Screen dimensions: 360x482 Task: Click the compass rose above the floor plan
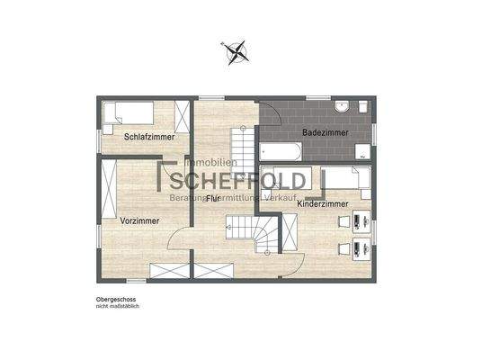(237, 52)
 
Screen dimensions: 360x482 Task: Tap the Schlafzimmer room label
(148, 136)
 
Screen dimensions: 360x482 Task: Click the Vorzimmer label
(139, 219)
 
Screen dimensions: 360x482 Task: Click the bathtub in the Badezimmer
(284, 149)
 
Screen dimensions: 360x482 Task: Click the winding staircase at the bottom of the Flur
(266, 236)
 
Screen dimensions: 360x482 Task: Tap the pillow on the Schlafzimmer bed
(112, 114)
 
